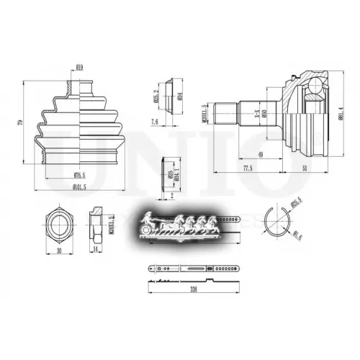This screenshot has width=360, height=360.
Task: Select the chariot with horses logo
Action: point(176,223)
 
